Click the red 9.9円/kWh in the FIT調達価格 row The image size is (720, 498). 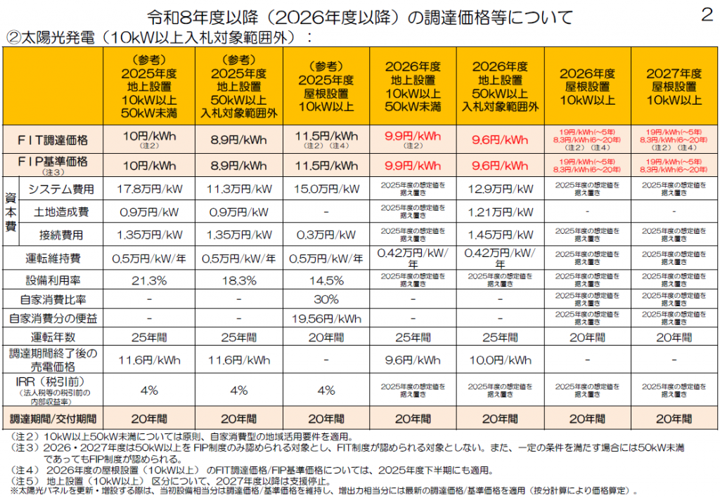(x=413, y=136)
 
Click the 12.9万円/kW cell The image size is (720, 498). (x=500, y=189)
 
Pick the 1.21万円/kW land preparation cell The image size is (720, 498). (x=500, y=211)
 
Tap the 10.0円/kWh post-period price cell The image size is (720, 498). (x=500, y=360)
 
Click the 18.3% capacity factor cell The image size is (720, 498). (x=239, y=280)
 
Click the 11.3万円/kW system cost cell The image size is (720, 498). (x=239, y=189)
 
